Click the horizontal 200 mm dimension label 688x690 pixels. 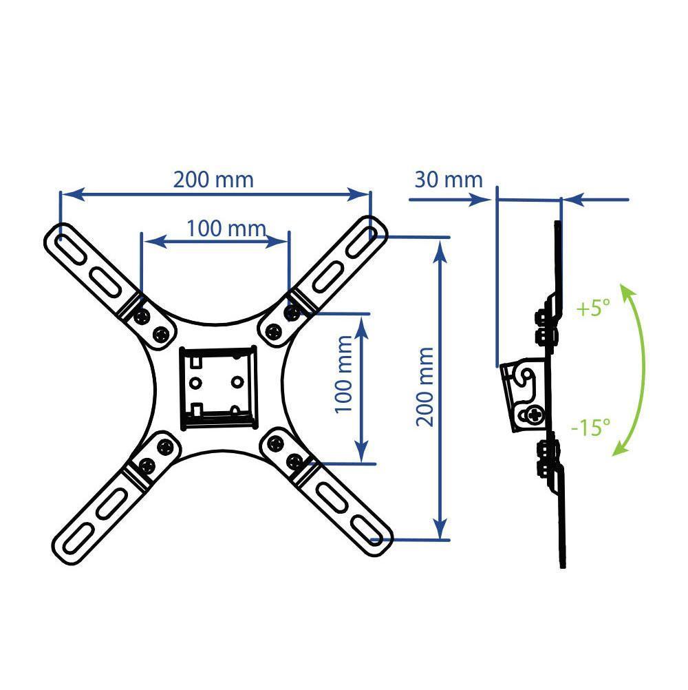pyautogui.click(x=214, y=180)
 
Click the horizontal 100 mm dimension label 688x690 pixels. pyautogui.click(x=226, y=229)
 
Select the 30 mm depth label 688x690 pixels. pyautogui.click(x=449, y=180)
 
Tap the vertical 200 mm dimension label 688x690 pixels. pyautogui.click(x=425, y=387)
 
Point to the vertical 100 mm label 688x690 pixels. pyautogui.click(x=344, y=375)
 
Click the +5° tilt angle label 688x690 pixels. pyautogui.click(x=593, y=308)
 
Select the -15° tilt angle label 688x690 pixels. pyautogui.click(x=590, y=427)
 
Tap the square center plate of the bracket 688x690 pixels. pyautogui.click(x=218, y=388)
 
